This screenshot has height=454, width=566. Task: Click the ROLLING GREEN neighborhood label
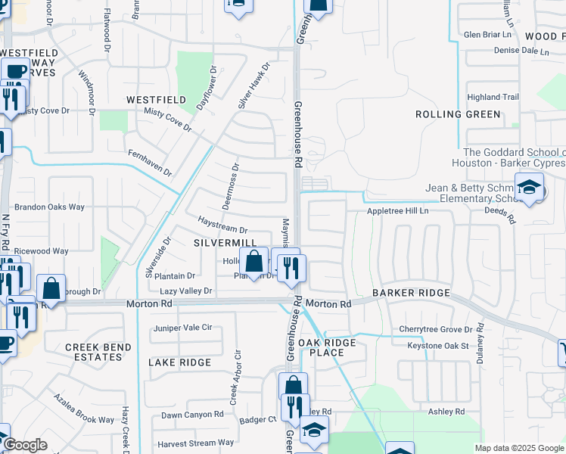click(458, 114)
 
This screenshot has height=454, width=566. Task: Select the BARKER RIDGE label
click(411, 293)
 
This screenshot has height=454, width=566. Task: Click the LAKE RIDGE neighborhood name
click(179, 362)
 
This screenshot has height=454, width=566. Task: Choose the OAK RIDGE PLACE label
click(326, 348)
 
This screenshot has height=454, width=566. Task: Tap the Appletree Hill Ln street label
click(398, 211)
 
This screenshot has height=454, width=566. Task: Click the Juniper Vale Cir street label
click(182, 328)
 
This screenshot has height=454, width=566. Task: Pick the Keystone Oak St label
click(439, 346)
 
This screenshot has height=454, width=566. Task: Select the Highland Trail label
click(493, 97)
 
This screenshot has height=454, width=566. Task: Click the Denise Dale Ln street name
click(521, 51)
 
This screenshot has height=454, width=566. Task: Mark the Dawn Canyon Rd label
click(192, 415)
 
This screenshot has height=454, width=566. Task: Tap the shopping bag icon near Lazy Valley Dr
click(255, 262)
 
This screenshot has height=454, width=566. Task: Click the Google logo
click(24, 446)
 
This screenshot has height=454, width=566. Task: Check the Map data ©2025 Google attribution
click(519, 448)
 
